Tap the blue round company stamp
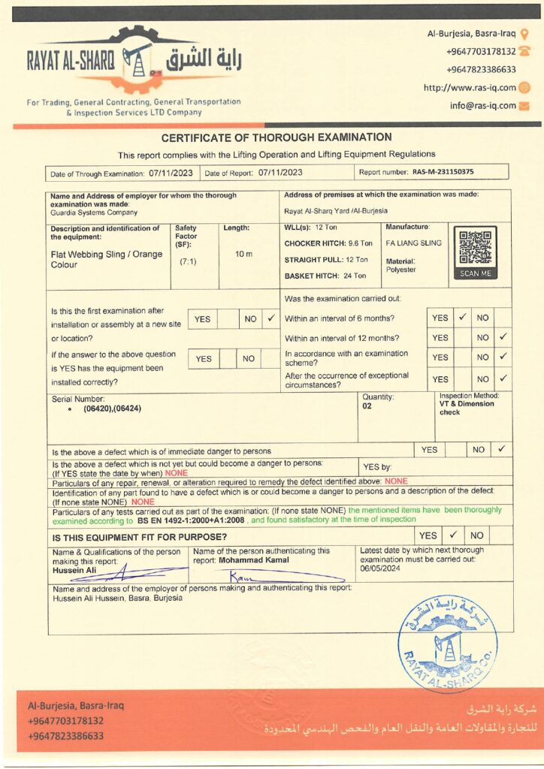click(x=448, y=642)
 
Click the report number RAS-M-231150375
click(x=443, y=172)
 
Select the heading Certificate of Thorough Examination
click(x=276, y=137)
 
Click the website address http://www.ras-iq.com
click(x=470, y=88)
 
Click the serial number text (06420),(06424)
click(x=112, y=409)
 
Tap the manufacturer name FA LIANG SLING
click(x=413, y=243)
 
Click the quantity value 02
click(x=367, y=405)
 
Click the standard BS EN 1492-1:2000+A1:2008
click(x=192, y=520)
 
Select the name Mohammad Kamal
click(x=256, y=560)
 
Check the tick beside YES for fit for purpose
click(x=453, y=536)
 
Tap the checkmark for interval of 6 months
click(x=463, y=318)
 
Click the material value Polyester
click(x=400, y=269)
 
